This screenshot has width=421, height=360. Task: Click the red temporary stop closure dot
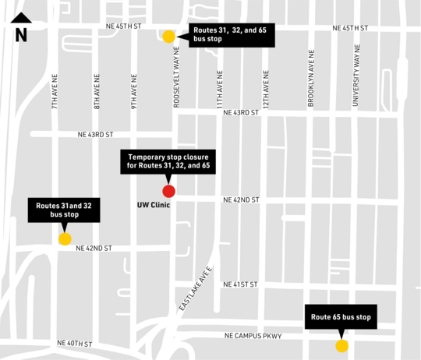(x=168, y=191)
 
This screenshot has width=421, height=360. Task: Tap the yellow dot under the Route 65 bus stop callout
(x=341, y=346)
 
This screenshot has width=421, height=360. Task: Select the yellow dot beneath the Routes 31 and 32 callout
(x=65, y=239)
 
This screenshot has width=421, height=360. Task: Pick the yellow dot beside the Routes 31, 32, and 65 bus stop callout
(x=169, y=36)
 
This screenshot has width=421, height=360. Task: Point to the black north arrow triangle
(x=21, y=18)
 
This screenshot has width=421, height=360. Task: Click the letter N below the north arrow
(x=21, y=35)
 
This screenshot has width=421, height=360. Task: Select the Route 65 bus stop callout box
(x=341, y=317)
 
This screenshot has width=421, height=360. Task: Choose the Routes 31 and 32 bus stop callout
(x=65, y=210)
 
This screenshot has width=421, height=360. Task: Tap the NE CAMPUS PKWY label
(x=253, y=336)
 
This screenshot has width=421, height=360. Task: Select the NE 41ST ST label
(x=240, y=284)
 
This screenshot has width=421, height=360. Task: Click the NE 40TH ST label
(x=75, y=344)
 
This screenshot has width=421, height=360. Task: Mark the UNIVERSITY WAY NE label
(x=356, y=79)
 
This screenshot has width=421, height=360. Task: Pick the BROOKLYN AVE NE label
(x=311, y=79)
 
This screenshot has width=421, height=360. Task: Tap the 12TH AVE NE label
(x=266, y=90)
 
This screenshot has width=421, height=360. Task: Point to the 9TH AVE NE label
(x=134, y=90)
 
